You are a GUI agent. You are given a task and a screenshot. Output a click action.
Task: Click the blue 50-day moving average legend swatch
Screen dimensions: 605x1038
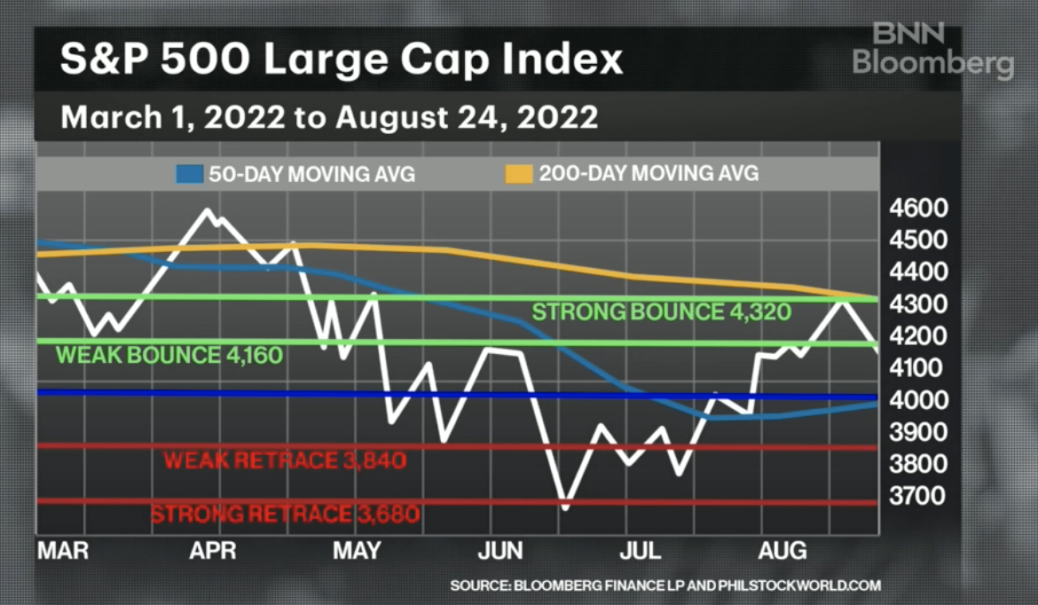190,173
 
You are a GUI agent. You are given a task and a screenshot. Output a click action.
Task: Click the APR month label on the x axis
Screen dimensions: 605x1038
213,551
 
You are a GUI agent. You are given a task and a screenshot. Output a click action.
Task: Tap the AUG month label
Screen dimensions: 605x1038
783,551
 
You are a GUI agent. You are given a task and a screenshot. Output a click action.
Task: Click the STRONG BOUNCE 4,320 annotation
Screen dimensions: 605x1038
654,312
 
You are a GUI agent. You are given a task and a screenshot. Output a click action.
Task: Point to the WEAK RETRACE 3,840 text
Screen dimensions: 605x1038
285,460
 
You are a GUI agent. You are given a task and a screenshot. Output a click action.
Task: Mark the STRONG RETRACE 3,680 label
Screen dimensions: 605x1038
285,515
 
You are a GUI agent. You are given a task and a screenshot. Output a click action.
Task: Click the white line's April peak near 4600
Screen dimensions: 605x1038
208,210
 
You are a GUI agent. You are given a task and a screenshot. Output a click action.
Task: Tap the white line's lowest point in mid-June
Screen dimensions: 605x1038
565,507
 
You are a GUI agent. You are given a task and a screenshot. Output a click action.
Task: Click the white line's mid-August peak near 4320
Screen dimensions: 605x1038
840,300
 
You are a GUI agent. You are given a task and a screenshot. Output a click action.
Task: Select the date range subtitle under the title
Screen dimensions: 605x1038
328,117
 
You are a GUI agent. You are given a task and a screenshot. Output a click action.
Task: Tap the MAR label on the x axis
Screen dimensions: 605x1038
63,551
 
